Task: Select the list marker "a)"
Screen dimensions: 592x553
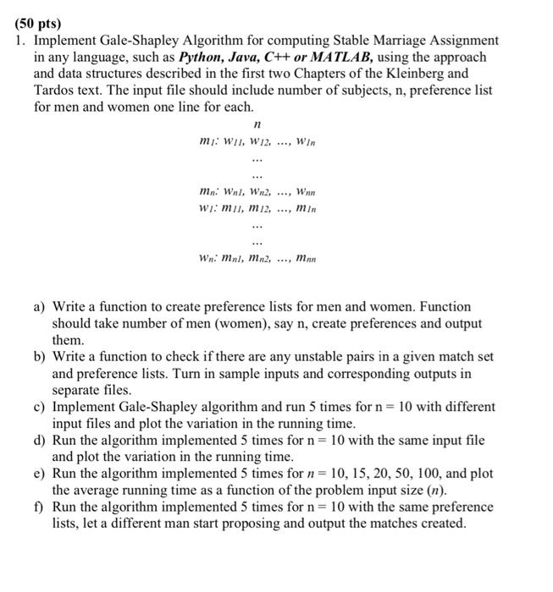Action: pyautogui.click(x=40, y=307)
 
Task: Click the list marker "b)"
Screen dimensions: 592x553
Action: pyautogui.click(x=40, y=357)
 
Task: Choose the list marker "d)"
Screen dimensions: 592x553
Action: pyautogui.click(x=40, y=441)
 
